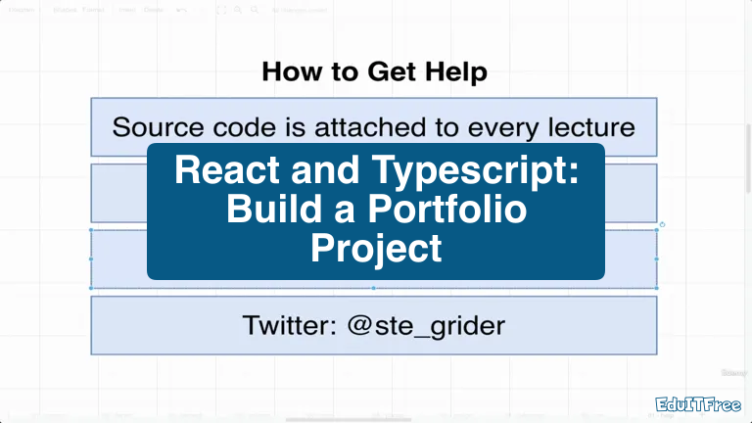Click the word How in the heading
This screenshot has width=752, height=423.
[291, 71]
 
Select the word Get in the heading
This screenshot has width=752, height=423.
[390, 71]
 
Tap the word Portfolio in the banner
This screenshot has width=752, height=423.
[445, 211]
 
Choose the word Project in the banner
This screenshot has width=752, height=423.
[376, 248]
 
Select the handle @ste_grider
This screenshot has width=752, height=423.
[427, 325]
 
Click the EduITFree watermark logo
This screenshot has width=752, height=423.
[697, 403]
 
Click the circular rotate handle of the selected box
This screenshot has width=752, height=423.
[663, 225]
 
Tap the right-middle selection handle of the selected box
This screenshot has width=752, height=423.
[657, 258]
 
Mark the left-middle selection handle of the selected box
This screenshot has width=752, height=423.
[91, 258]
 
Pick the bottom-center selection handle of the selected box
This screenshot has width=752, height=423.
[373, 289]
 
